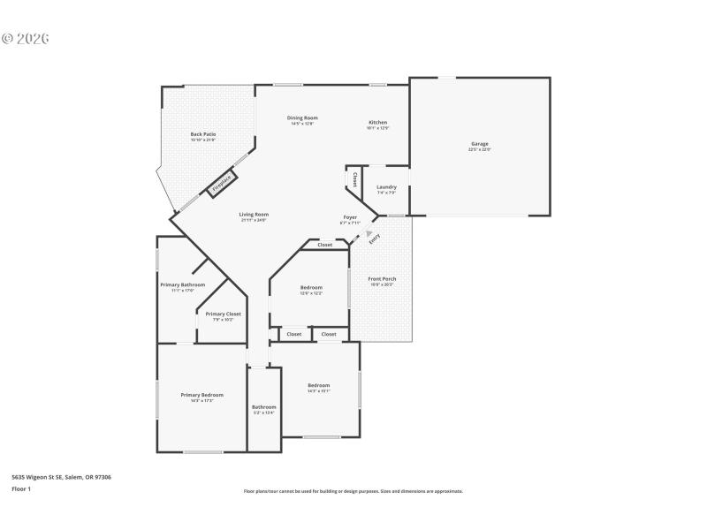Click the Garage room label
click(x=479, y=144)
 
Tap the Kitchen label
click(x=377, y=123)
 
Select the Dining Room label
click(x=302, y=118)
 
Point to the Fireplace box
click(x=222, y=184)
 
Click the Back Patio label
click(x=203, y=135)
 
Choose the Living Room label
click(x=254, y=215)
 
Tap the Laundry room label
click(x=386, y=187)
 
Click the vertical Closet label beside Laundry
click(x=354, y=179)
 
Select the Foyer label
click(x=351, y=217)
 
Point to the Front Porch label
click(x=382, y=279)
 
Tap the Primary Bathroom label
click(x=183, y=285)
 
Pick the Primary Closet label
click(x=223, y=314)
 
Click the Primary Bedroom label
click(x=201, y=396)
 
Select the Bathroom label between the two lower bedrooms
click(x=263, y=407)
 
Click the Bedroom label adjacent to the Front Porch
click(x=311, y=288)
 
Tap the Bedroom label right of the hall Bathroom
click(x=318, y=386)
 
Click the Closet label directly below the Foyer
click(x=325, y=245)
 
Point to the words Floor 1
click(x=20, y=488)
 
